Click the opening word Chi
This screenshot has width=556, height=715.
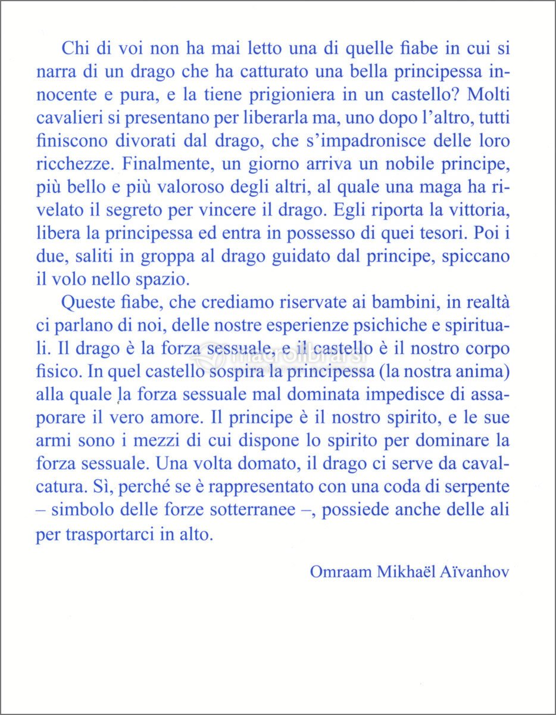click(x=74, y=49)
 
